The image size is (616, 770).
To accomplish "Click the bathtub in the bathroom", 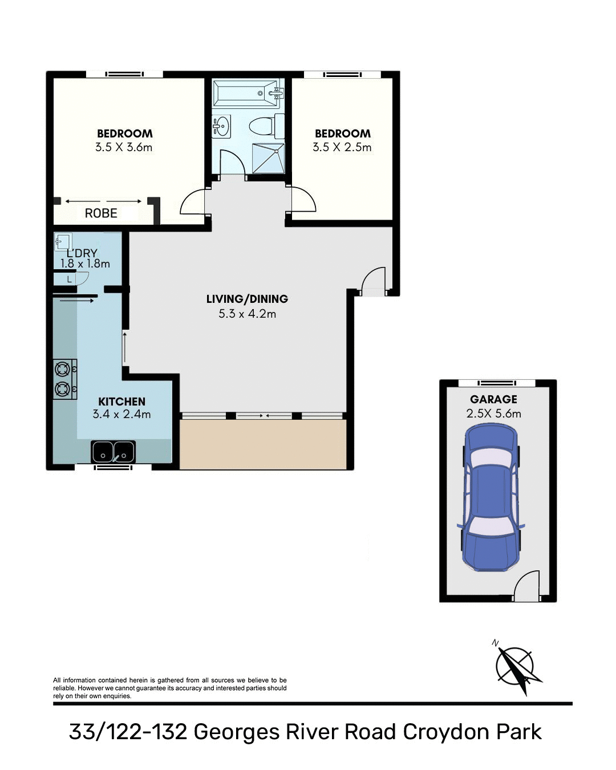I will pyautogui.click(x=246, y=94).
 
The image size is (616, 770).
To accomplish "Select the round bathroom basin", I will pyautogui.click(x=221, y=126).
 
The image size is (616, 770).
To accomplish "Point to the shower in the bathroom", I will pyautogui.click(x=268, y=157).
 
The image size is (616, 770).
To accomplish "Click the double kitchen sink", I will pyautogui.click(x=113, y=452).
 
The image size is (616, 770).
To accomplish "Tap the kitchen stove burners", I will pyautogui.click(x=63, y=379).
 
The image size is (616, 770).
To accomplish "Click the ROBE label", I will pyautogui.click(x=101, y=213).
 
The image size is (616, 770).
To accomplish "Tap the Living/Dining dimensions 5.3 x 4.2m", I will pyautogui.click(x=247, y=314).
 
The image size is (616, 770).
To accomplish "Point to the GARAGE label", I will pyautogui.click(x=493, y=400).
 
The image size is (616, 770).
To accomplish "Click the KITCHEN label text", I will pyautogui.click(x=121, y=402).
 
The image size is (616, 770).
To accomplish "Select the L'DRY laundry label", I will pyautogui.click(x=82, y=253).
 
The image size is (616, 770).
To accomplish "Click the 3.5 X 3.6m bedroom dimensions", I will pyautogui.click(x=124, y=147).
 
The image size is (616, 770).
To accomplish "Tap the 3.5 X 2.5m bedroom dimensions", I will pyautogui.click(x=342, y=147).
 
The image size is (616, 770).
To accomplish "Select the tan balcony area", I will pyautogui.click(x=263, y=445).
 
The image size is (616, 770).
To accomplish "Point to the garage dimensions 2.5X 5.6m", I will pyautogui.click(x=493, y=414).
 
